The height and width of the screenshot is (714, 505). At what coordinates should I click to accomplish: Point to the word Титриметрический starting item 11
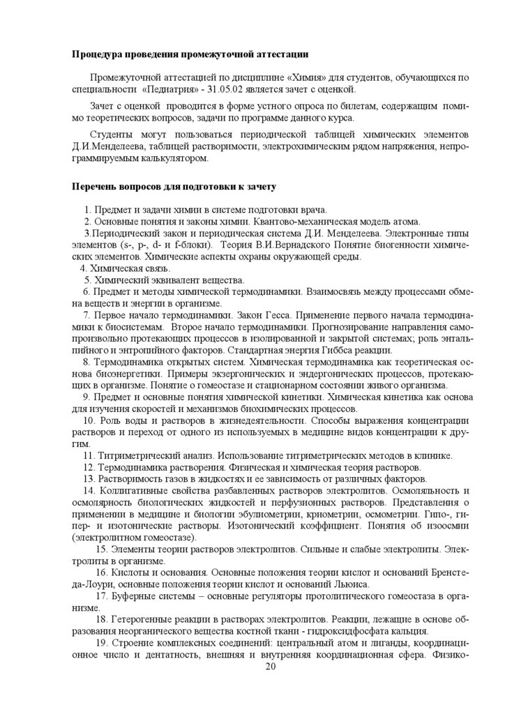point(136,455)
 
